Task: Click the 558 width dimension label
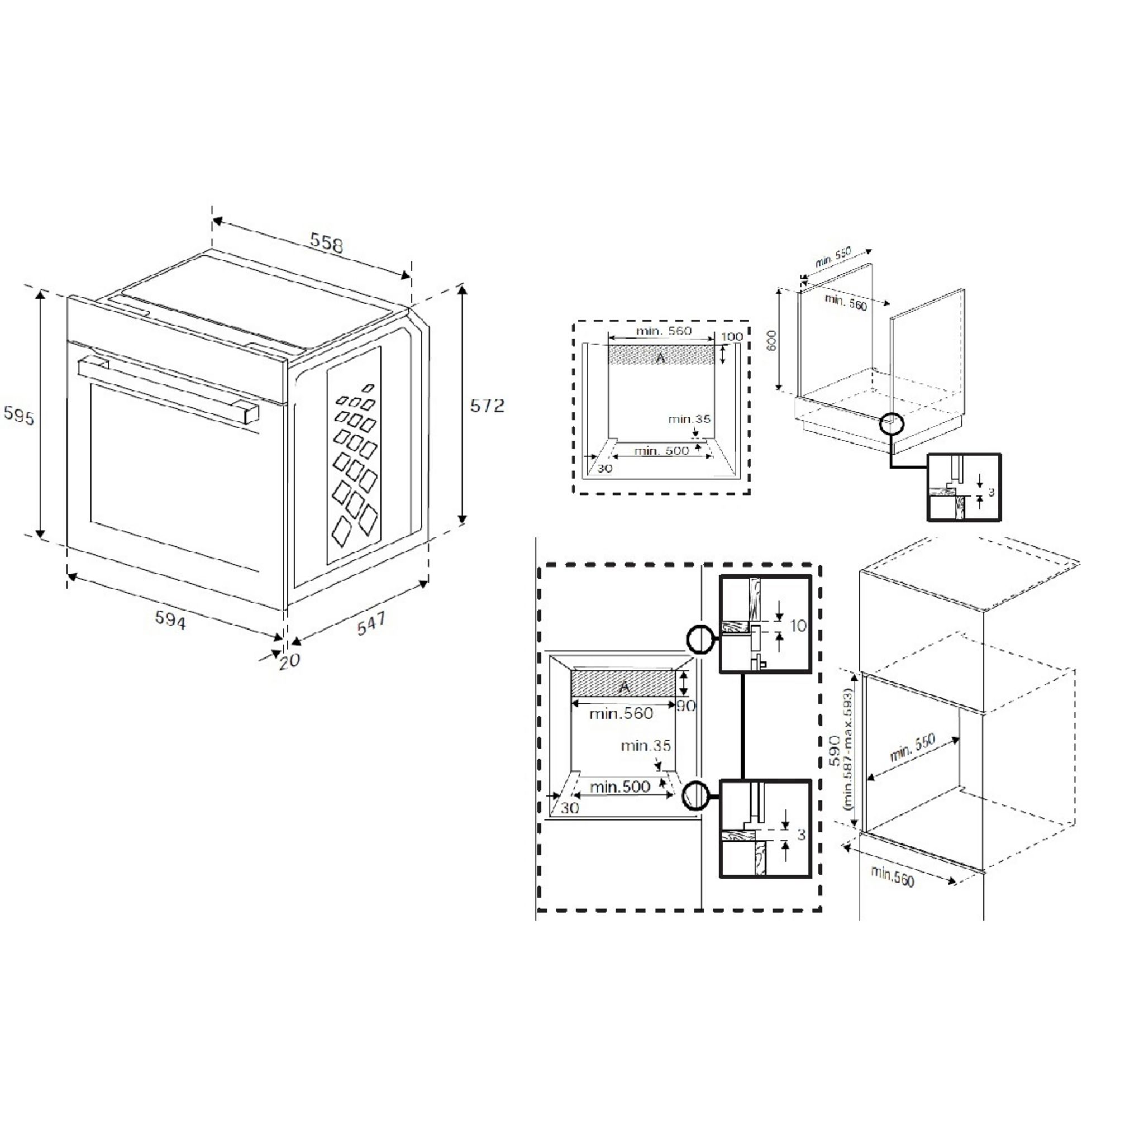coord(326,243)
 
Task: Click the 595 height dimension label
coord(19,416)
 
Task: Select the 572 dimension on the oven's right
coord(487,406)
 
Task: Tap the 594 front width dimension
coord(170,620)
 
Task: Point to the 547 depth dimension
coord(371,623)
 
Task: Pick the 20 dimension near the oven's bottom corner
coord(289,660)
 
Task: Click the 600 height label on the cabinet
coord(771,341)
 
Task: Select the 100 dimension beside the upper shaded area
coord(732,337)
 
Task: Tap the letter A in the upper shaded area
coord(661,357)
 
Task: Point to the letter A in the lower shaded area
coord(623,688)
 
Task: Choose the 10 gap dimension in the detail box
coord(798,625)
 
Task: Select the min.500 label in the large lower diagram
coord(620,787)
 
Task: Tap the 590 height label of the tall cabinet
coord(835,750)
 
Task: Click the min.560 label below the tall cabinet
coord(892,877)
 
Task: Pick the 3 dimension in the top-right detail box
coord(992,493)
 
